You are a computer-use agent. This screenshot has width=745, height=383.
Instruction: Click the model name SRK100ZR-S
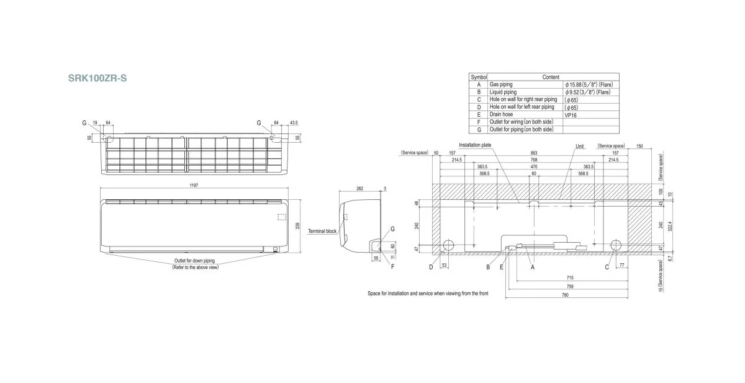tap(97, 79)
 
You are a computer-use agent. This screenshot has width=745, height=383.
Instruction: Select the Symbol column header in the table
tap(479, 77)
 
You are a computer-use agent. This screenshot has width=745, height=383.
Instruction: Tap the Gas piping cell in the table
tap(501, 84)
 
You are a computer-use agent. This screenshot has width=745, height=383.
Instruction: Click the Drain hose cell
tap(502, 115)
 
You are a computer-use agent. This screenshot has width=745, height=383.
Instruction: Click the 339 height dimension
tap(298, 227)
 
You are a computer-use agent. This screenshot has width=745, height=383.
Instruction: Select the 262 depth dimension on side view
tap(359, 188)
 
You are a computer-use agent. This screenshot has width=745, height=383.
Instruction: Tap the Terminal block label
tap(322, 232)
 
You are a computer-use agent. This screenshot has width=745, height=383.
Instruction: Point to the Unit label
tap(579, 146)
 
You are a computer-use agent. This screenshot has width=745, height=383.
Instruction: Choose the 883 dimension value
tap(534, 153)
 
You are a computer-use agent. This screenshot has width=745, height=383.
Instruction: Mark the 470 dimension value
tap(534, 167)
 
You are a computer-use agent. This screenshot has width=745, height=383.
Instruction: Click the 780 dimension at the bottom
tap(564, 294)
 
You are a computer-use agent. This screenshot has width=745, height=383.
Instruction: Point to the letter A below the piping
tap(533, 267)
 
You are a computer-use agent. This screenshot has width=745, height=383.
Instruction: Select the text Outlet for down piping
tap(195, 261)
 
